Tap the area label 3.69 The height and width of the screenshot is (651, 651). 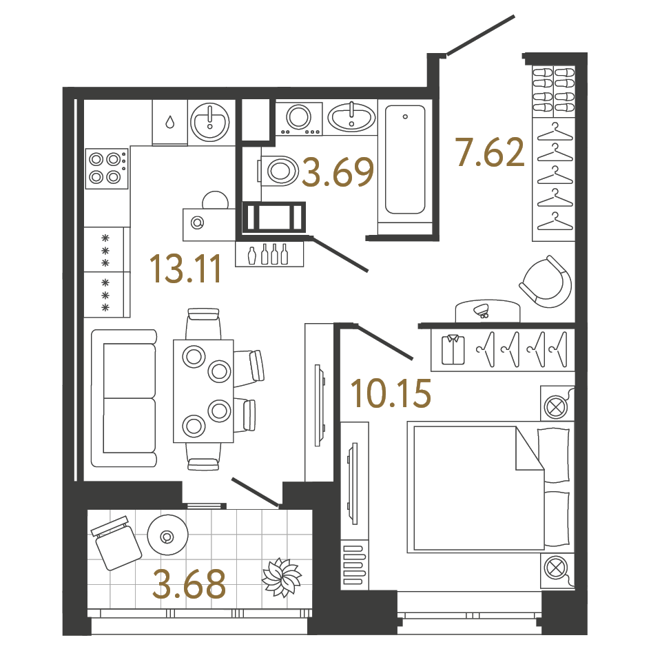coord(338,173)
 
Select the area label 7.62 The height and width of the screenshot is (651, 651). coord(490,153)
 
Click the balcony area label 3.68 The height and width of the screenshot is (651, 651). coord(189,584)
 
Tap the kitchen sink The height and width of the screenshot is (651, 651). coord(209,123)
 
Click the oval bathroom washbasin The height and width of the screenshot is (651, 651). coord(351,116)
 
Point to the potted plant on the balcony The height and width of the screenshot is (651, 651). coord(281,577)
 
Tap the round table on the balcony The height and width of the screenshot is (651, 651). coord(167,536)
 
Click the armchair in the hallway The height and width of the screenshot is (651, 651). coord(546,282)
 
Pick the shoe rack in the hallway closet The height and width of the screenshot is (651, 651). coord(553,90)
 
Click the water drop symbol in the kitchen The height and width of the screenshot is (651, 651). coord(169,123)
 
